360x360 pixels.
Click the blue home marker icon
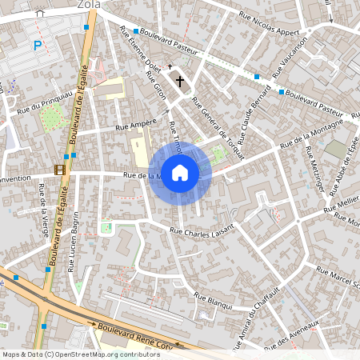180,173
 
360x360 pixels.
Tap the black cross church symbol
180,81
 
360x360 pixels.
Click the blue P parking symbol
37,46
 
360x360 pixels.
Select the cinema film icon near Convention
58,169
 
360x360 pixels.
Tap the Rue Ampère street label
134,126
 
